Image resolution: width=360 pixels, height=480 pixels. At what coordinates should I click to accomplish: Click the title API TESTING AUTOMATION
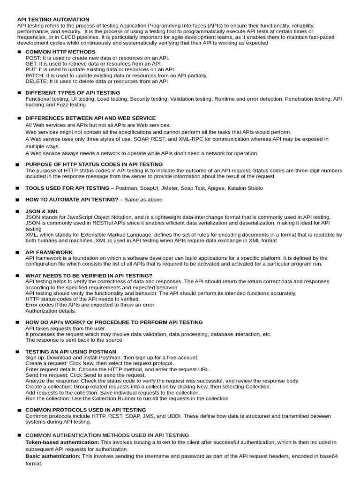click(53, 19)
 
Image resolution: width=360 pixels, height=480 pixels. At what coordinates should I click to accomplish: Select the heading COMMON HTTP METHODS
click(60, 52)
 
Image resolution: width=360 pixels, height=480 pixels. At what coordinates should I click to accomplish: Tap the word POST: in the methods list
click(33, 58)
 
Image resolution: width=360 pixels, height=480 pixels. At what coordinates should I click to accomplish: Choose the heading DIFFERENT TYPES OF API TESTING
click(73, 93)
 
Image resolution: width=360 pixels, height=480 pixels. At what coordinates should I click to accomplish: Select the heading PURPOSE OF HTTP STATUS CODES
click(94, 165)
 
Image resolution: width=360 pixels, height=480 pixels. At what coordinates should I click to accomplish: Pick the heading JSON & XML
click(42, 211)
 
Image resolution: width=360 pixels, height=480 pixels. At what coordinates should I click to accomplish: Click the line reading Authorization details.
click(51, 311)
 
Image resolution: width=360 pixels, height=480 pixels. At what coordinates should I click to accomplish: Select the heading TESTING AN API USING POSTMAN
click(71, 352)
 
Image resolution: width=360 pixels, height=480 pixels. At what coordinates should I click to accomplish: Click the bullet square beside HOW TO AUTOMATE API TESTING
click(17, 200)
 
